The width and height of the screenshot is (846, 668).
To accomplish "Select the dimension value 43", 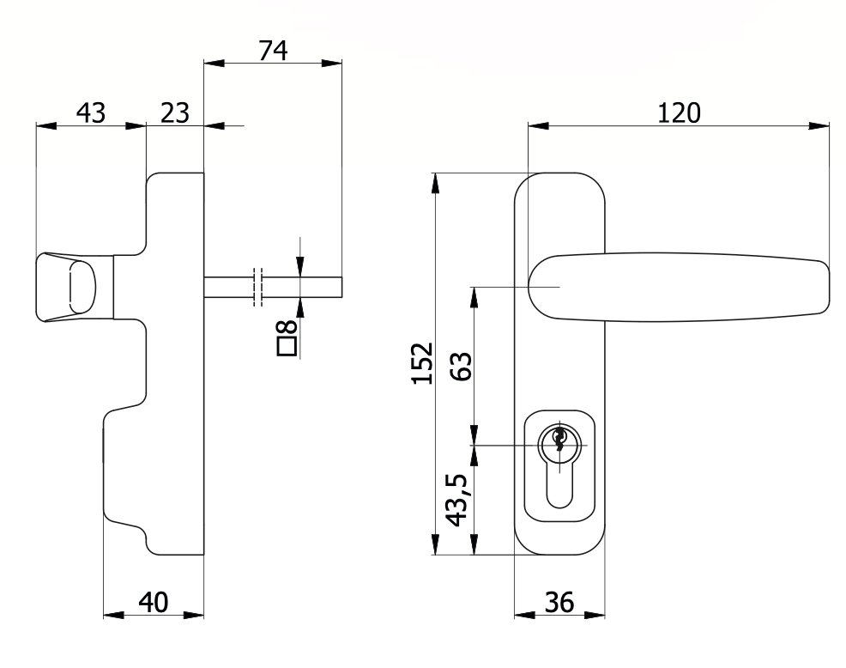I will point(91,112).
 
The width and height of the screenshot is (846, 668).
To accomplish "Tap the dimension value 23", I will point(175,112).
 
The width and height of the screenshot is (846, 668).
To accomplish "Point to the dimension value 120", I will point(679,112).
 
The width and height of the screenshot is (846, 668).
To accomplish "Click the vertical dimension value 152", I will point(420,364).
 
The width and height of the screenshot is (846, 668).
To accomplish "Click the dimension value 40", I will point(153,602).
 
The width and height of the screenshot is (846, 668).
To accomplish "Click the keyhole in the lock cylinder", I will point(559,440).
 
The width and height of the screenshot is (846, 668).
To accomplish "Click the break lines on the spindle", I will point(257,287).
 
